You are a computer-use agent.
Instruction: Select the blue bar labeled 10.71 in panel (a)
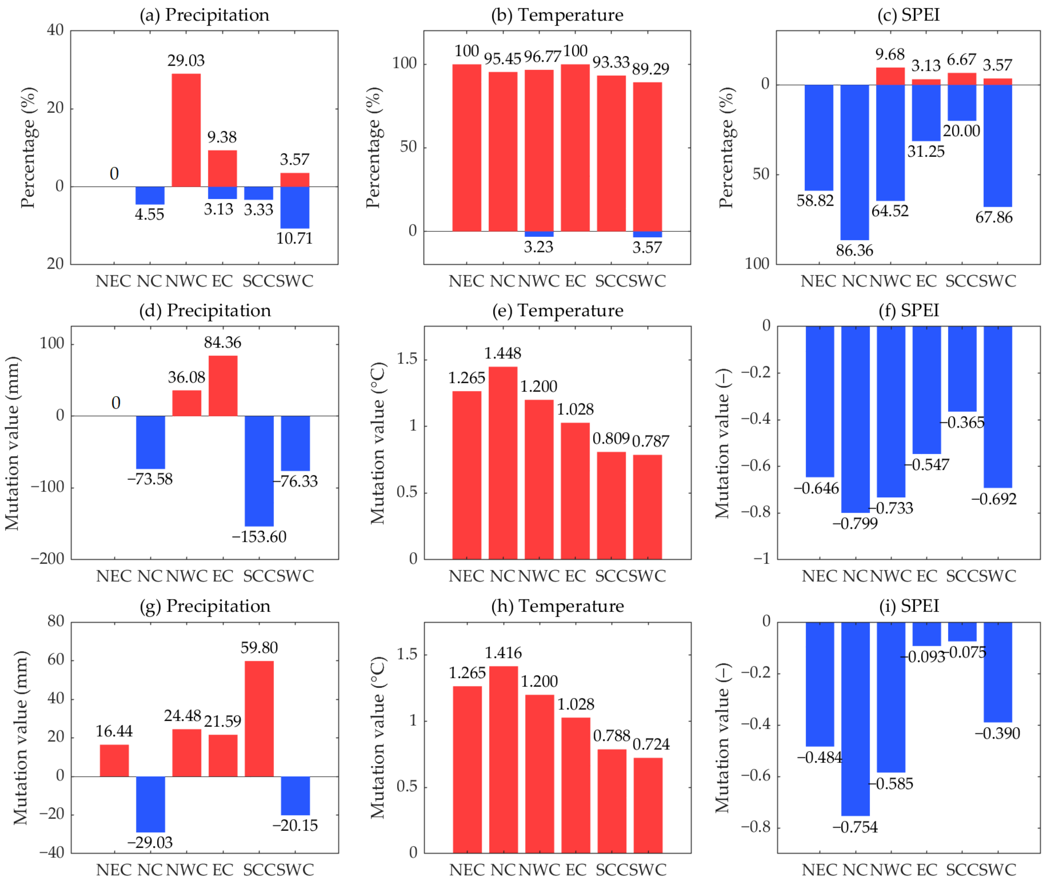295,207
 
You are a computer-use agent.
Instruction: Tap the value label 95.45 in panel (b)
503,59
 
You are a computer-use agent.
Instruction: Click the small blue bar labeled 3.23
539,234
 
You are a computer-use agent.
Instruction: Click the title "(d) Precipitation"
205,311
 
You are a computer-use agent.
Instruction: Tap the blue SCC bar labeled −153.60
259,471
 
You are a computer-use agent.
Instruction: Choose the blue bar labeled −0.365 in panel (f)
962,369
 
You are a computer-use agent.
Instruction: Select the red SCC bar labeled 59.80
259,719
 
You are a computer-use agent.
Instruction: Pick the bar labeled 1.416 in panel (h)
503,759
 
